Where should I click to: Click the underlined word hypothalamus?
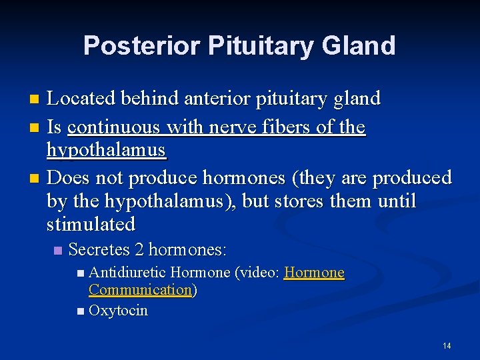click(106, 151)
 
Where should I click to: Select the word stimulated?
click(91, 223)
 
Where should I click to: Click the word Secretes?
click(99, 250)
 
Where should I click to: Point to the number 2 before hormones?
click(139, 250)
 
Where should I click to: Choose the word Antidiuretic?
click(127, 273)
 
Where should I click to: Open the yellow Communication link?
click(140, 290)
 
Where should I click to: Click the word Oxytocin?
click(118, 311)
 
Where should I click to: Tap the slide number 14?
click(447, 345)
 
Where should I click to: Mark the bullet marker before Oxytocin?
click(81, 311)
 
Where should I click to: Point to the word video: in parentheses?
click(261, 273)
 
